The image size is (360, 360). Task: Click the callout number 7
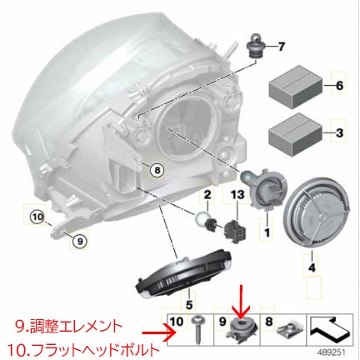tap(281, 46)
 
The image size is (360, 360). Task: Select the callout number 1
tap(267, 236)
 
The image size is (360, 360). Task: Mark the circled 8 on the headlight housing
tap(155, 171)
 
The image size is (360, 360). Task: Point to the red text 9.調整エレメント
tap(68, 325)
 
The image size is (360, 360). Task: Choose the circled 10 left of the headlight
tap(36, 217)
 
